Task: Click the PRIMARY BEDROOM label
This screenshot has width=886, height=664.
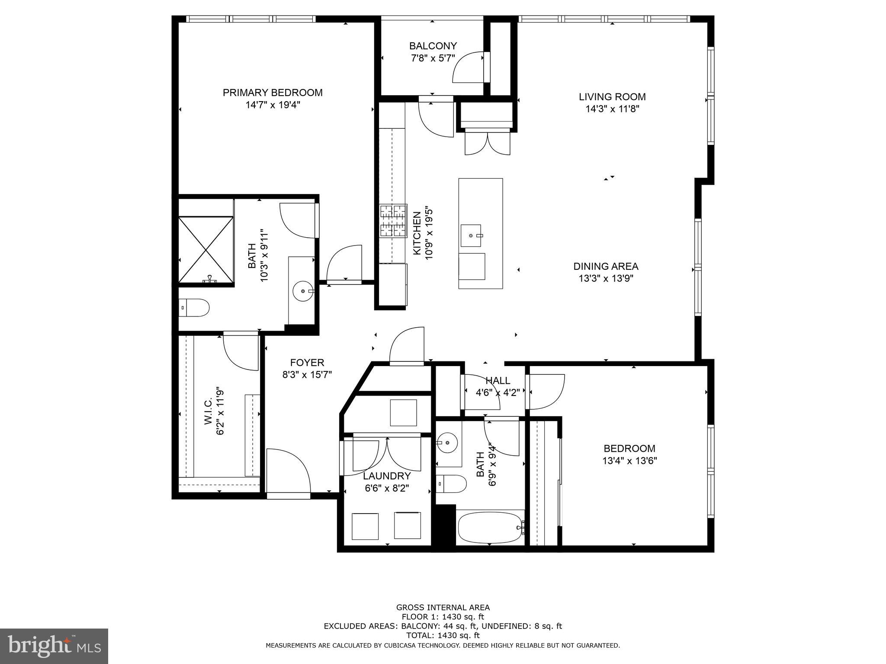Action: [x=273, y=93]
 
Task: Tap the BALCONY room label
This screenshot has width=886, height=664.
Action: [x=433, y=46]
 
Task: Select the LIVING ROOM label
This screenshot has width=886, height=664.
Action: [x=612, y=97]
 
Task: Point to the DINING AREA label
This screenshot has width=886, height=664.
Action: [x=606, y=266]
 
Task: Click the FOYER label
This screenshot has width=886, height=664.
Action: [x=307, y=362]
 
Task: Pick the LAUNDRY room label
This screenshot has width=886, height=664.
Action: [x=387, y=476]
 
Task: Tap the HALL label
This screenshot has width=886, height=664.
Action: [x=498, y=380]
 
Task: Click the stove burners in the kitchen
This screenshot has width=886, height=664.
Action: [x=394, y=220]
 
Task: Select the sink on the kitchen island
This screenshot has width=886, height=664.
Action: [x=471, y=236]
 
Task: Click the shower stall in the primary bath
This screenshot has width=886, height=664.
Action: [x=206, y=249]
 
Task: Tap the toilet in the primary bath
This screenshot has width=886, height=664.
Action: [x=194, y=308]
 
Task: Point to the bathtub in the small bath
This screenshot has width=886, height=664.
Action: [x=491, y=527]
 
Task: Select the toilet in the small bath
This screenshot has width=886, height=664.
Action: [x=451, y=484]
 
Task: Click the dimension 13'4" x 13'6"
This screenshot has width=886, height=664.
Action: [x=629, y=461]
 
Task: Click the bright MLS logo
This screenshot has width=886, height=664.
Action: [x=55, y=645]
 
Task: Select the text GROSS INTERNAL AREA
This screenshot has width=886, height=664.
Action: [x=443, y=607]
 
